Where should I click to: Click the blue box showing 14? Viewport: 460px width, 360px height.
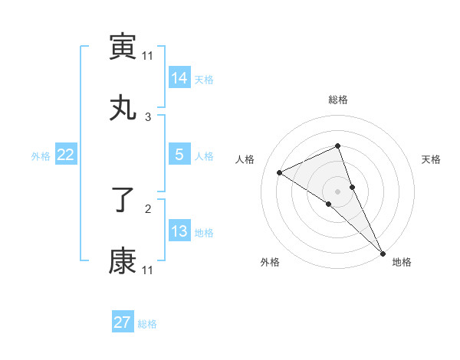coord(179,77)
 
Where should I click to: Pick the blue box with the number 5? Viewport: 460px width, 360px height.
coord(179,155)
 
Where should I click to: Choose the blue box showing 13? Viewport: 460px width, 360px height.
coord(179,231)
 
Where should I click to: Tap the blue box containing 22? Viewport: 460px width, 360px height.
coord(66,155)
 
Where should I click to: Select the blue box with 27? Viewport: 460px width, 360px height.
coord(123,322)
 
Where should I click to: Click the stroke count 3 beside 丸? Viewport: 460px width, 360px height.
coord(148,116)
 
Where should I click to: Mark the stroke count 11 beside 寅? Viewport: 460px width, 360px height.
coord(148,55)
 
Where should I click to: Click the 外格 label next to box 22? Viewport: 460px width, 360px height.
coord(41,155)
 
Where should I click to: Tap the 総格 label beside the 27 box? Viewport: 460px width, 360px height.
coord(147,323)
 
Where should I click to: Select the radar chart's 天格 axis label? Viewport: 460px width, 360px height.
coord(432,159)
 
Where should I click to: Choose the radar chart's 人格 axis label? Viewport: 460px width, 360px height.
coord(245,159)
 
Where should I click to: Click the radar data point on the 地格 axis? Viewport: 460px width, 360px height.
coord(382,252)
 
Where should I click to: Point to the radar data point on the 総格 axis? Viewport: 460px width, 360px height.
coord(337,146)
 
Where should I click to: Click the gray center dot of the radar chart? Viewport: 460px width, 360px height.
coord(337,191)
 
